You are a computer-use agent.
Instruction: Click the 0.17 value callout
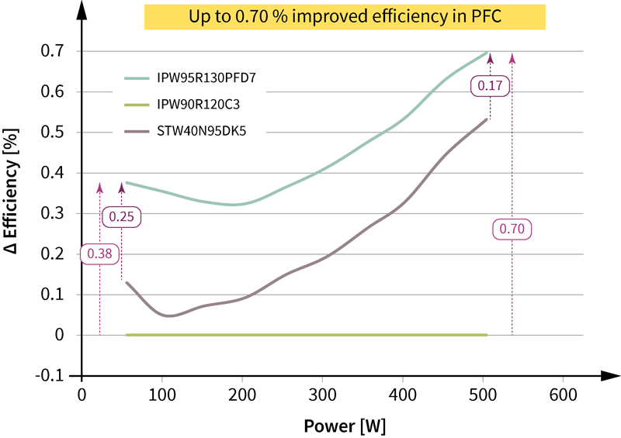click(x=490, y=86)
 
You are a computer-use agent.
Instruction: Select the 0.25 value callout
click(x=121, y=217)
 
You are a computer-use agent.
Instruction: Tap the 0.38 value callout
click(x=99, y=253)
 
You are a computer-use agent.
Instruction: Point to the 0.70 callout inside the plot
click(x=512, y=229)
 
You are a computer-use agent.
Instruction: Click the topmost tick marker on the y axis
click(x=75, y=51)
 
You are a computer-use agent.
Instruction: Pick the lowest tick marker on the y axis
click(x=75, y=334)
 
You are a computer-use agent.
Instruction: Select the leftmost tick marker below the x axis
click(x=162, y=381)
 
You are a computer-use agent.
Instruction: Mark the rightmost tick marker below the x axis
click(x=563, y=381)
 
